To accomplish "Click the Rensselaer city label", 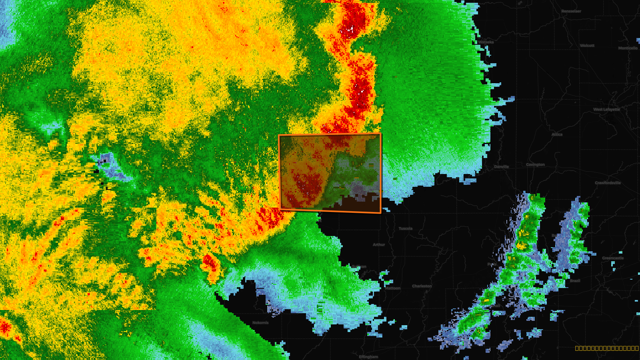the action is click(571, 11).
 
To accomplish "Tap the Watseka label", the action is click(486, 42).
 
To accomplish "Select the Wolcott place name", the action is click(587, 46).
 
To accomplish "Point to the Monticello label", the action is click(628, 48).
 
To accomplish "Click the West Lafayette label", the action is click(606, 109).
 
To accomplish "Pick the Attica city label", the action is click(557, 134).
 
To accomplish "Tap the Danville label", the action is click(501, 167).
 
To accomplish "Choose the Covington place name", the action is click(535, 164).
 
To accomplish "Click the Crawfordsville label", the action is click(608, 183).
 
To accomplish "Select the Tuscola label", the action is click(405, 228).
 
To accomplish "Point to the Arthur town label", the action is click(379, 244).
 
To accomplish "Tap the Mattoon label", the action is click(392, 288).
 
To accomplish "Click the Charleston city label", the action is click(422, 286).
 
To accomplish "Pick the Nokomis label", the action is click(260, 322).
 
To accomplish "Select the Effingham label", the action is click(368, 356).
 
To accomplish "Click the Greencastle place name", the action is click(613, 258).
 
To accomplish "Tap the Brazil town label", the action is click(575, 280).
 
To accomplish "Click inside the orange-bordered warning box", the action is click(330, 173).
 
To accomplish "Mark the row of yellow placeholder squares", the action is click(606, 348).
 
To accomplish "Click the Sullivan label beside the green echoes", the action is click(359, 267).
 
